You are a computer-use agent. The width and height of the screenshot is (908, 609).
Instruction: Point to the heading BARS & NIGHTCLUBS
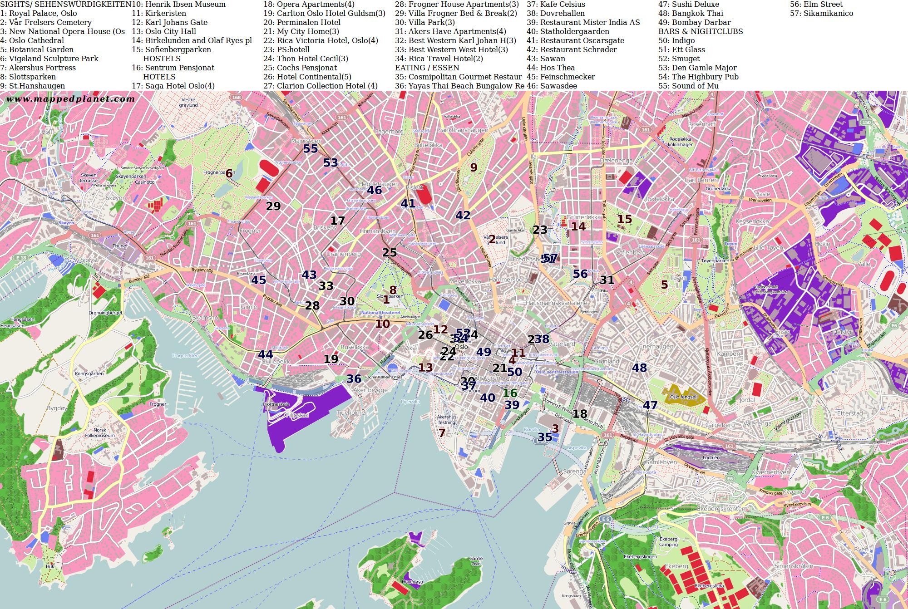pyautogui.click(x=701, y=31)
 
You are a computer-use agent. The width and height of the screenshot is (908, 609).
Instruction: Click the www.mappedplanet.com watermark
pyautogui.click(x=70, y=99)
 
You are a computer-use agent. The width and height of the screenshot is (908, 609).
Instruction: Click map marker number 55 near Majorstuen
pyautogui.click(x=311, y=149)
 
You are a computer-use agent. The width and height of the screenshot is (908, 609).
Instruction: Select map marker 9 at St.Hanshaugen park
pyautogui.click(x=474, y=167)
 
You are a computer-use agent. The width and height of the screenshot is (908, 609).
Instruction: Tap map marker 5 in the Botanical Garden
pyautogui.click(x=664, y=285)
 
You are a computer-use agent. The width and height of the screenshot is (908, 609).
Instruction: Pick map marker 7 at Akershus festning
pyautogui.click(x=442, y=433)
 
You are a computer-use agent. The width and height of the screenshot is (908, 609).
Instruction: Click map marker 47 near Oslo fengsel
pyautogui.click(x=650, y=405)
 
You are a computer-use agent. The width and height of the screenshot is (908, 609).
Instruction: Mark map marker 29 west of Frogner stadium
pyautogui.click(x=273, y=206)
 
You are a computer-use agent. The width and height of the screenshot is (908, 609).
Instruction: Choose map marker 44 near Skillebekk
pyautogui.click(x=266, y=354)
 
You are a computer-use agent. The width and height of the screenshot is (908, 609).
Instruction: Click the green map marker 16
pyautogui.click(x=510, y=393)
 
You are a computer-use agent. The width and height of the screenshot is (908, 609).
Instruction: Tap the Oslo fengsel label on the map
pyautogui.click(x=683, y=397)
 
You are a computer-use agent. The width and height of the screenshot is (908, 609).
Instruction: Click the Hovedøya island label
pyautogui.click(x=412, y=582)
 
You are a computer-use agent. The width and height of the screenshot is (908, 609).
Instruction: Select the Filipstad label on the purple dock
pyautogui.click(x=297, y=415)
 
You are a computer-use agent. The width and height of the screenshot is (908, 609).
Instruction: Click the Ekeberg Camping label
pyautogui.click(x=668, y=542)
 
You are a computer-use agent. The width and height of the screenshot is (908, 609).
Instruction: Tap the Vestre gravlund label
pyautogui.click(x=188, y=102)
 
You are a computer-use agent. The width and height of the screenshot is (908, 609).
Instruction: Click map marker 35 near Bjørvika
pyautogui.click(x=545, y=437)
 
